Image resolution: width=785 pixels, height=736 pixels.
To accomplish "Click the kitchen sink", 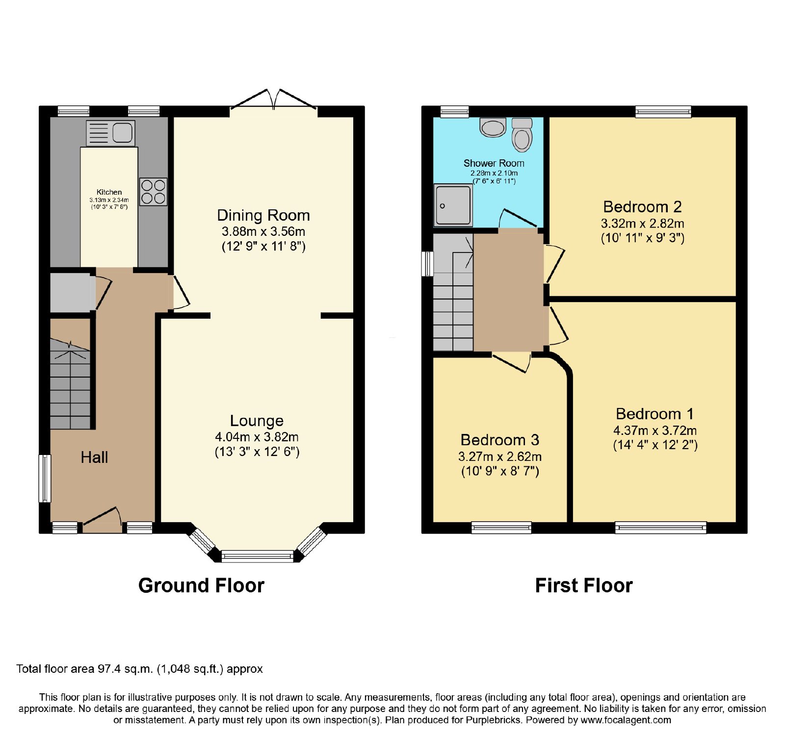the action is (110, 133).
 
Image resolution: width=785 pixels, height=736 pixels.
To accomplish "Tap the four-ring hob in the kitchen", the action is (153, 192).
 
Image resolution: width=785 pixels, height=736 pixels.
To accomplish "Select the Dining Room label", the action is (263, 215).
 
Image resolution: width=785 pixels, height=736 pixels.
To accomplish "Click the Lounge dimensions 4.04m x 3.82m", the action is (257, 437).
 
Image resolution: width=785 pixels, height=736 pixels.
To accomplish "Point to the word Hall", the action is (94, 457).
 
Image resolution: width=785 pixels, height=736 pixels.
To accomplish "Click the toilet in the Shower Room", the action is (522, 134).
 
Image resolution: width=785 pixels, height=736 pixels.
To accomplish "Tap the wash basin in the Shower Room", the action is (493, 127).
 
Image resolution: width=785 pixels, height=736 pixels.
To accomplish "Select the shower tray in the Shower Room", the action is (453, 205).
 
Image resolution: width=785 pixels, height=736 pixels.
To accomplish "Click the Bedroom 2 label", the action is (642, 207).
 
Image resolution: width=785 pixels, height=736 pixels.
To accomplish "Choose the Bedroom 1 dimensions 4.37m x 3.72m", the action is (655, 431).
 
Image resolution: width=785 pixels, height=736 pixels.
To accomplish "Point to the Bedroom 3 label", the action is (500, 440).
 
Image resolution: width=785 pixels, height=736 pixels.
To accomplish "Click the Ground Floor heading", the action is (201, 585).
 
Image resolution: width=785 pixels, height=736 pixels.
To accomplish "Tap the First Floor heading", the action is (584, 585).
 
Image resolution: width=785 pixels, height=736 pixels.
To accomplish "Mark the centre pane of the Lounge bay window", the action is (258, 556).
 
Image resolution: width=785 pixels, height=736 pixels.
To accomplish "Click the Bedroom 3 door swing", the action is (512, 363).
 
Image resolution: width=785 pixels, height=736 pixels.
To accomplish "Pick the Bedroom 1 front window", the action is (661, 528).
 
